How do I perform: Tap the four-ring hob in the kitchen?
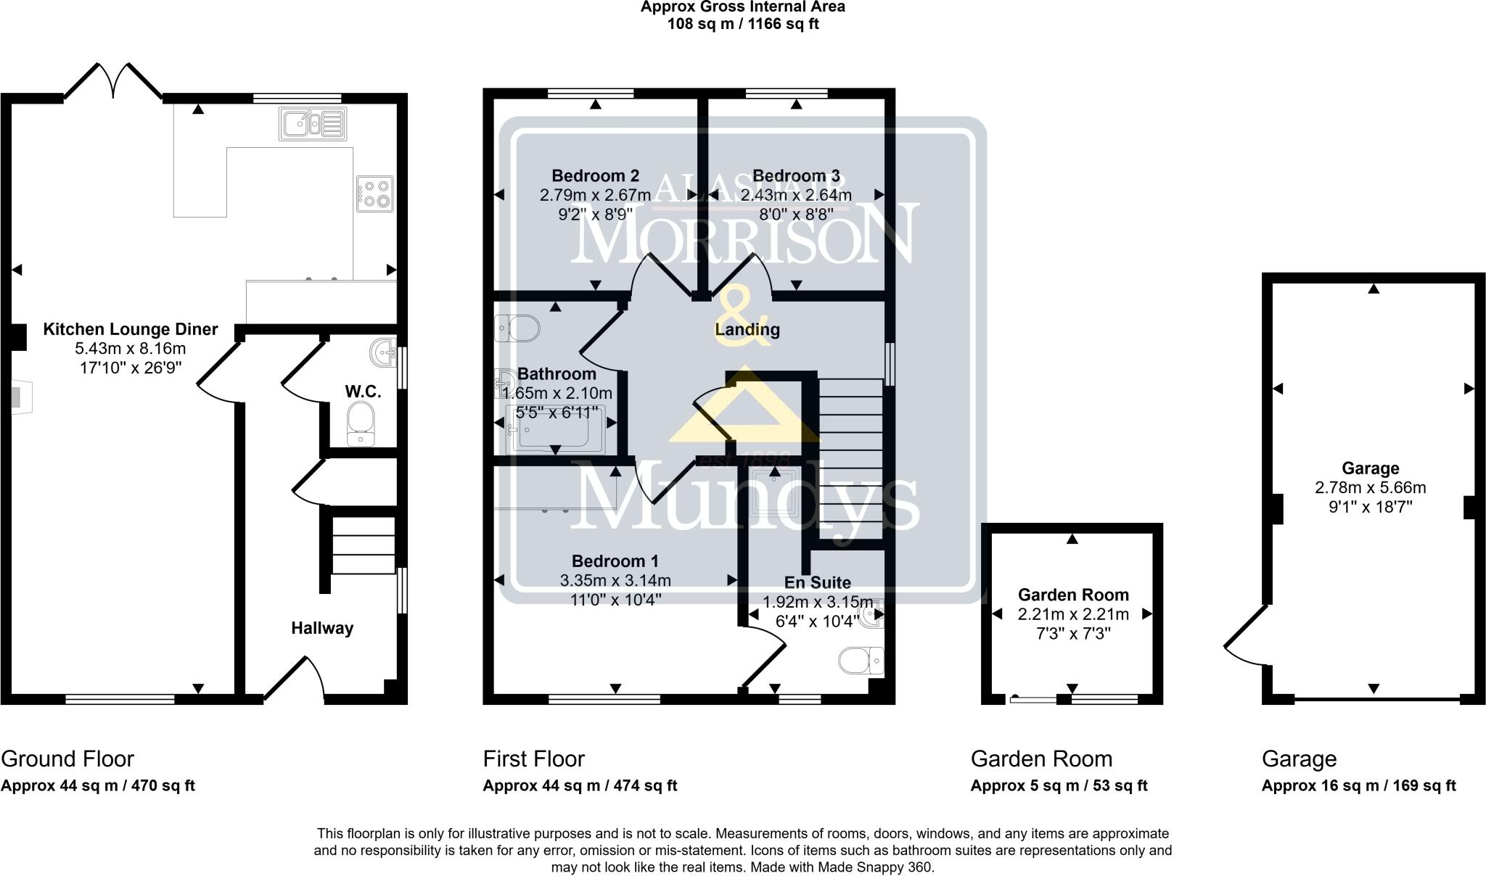374,194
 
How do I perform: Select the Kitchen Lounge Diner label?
131,329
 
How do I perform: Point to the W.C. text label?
363,392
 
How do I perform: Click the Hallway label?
322,628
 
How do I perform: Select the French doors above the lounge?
113,80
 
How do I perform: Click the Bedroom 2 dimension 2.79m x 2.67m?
595,195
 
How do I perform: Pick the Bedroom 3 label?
796,175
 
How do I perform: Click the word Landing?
747,329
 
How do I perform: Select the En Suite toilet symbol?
861,661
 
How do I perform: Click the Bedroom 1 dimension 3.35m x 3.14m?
615,580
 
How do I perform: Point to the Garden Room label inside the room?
1073,595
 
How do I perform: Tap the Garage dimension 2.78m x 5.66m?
1370,487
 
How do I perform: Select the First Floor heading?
533,759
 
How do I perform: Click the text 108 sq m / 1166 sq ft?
742,24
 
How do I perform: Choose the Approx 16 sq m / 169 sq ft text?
1358,785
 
